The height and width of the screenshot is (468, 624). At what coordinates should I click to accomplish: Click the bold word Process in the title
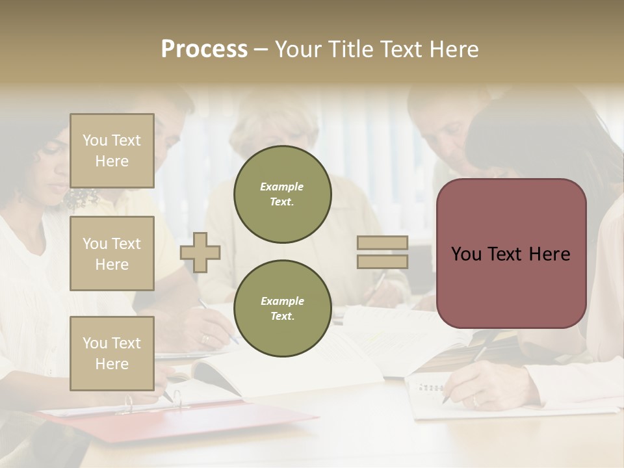[x=204, y=49]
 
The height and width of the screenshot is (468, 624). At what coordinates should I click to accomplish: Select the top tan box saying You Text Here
[x=112, y=151]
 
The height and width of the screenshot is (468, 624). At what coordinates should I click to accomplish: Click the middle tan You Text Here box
[x=112, y=253]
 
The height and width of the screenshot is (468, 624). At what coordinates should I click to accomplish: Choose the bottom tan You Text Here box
[x=112, y=353]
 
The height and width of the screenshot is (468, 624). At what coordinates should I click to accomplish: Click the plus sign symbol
[x=200, y=252]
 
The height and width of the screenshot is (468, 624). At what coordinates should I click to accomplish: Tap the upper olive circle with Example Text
[x=282, y=194]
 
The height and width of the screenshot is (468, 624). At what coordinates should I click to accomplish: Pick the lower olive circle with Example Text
[x=282, y=308]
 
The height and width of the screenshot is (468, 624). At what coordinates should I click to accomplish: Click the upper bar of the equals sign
[x=382, y=243]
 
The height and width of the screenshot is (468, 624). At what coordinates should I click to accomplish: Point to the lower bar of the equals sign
[x=382, y=262]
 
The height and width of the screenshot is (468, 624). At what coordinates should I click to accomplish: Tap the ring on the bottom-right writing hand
[x=475, y=400]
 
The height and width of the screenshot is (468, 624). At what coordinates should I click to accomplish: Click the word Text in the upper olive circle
[x=282, y=201]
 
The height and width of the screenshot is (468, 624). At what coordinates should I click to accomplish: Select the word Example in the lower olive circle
[x=282, y=301]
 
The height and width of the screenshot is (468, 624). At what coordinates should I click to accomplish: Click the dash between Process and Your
[x=261, y=49]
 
